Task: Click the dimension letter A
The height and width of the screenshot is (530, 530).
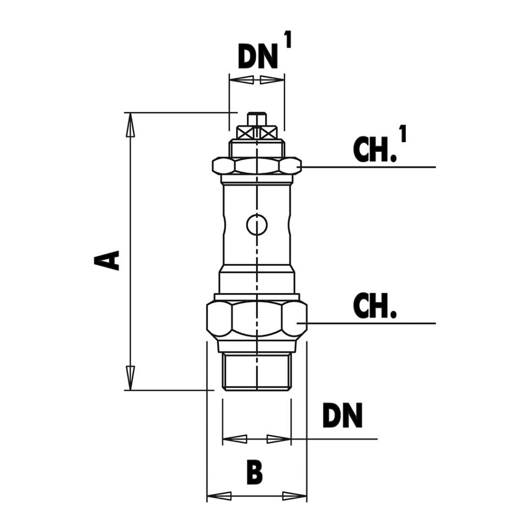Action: pos(107,260)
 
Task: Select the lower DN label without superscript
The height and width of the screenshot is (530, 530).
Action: pos(342,416)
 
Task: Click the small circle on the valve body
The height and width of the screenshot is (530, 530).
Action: pos(257,225)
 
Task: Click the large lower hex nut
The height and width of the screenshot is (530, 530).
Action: pos(257,319)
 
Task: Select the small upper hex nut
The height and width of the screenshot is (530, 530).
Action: pos(257,166)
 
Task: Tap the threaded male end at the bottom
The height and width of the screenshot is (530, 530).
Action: pos(257,372)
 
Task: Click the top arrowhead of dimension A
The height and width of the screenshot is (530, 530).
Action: pos(130,125)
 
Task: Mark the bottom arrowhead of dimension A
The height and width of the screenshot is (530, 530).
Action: pos(130,378)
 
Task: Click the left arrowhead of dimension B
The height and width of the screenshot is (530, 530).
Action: pos(219,496)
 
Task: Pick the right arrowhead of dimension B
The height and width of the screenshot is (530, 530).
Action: pos(295,496)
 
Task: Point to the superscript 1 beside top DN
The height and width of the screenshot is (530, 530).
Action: pos(287,40)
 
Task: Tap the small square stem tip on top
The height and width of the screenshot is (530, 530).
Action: pos(257,119)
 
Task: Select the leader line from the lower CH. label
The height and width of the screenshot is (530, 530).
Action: pos(373,323)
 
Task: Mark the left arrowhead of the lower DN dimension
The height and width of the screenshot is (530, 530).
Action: pos(234,439)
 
